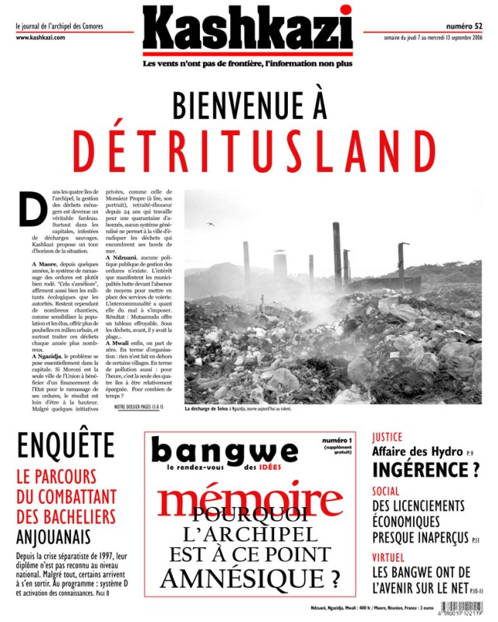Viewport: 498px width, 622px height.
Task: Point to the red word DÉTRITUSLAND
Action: (x=249, y=150)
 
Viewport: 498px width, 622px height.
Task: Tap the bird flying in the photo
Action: (x=210, y=225)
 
